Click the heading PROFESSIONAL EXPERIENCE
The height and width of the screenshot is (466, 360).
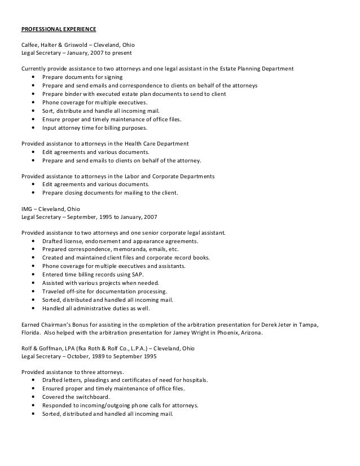58,28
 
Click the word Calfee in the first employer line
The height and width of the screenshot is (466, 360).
29,45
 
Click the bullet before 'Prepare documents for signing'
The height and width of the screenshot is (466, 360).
36,78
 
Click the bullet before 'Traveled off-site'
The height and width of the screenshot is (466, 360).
36,291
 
